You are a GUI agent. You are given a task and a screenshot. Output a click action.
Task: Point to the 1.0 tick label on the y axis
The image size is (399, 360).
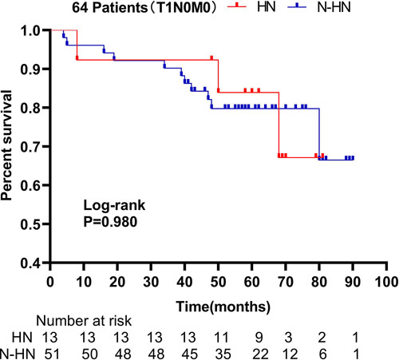[31, 30]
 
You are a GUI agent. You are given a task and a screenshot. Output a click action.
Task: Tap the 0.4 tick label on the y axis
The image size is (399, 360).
[31, 262]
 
